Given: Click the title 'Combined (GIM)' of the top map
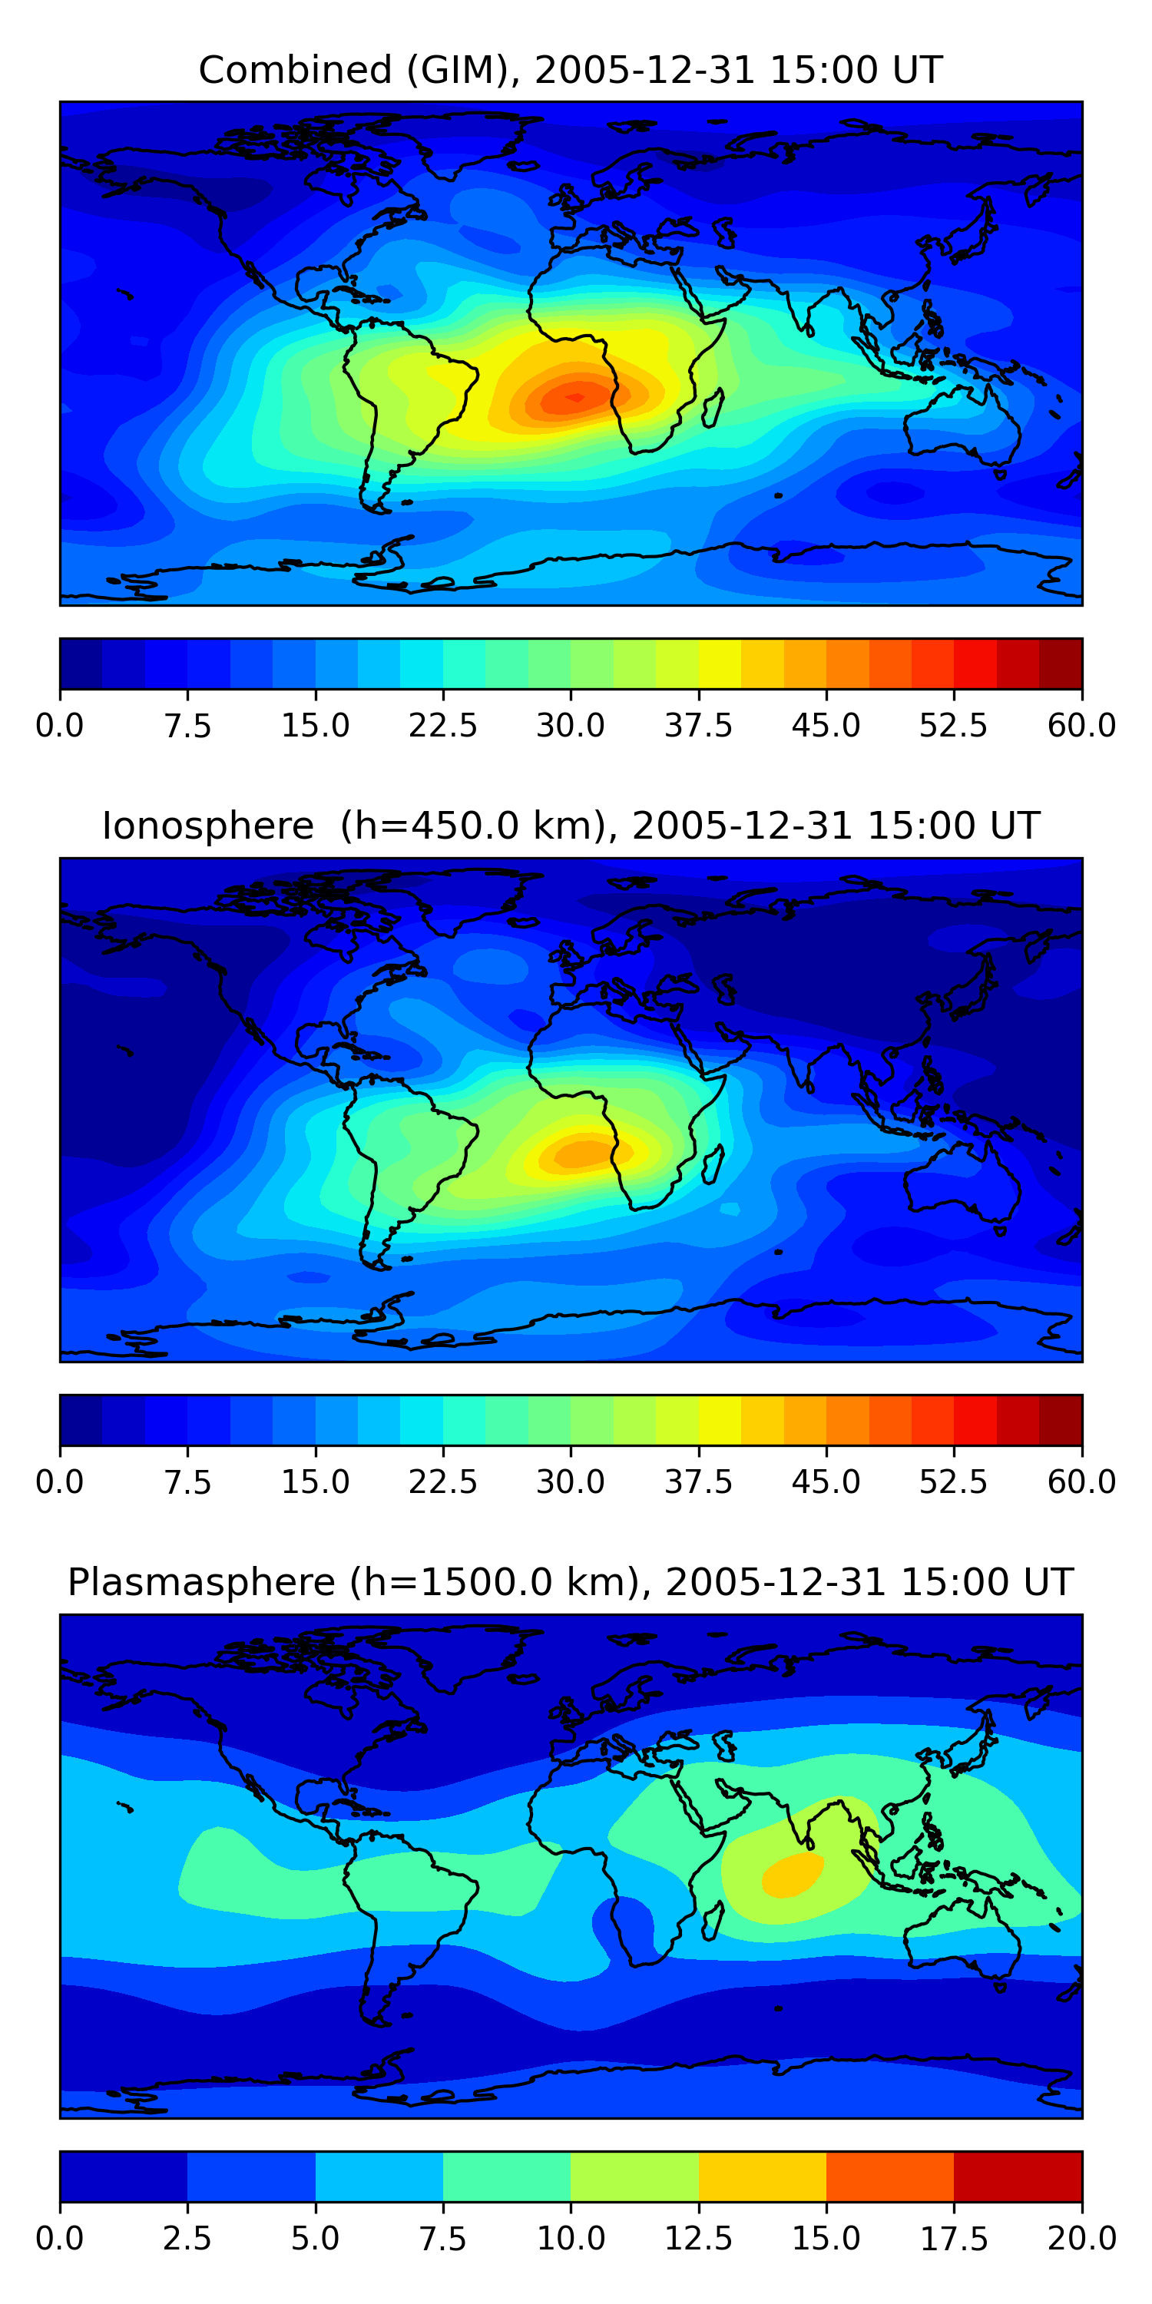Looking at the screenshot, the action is tap(358, 70).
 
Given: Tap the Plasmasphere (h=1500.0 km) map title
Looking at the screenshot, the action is tap(353, 1582).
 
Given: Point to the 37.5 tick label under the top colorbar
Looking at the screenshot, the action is tap(699, 725).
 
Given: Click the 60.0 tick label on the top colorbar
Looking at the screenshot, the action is tap(1082, 725).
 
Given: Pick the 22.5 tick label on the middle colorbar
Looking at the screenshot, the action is tap(442, 1482).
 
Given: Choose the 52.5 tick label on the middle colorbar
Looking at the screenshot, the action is tap(953, 1482).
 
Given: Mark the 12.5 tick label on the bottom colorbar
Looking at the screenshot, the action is tap(699, 2239).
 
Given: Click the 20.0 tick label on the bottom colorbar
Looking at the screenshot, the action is tap(1082, 2239).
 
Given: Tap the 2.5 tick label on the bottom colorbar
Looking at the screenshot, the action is tap(187, 2239).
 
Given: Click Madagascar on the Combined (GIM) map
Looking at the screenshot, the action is tap(713, 408).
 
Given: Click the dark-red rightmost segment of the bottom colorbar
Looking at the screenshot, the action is tap(1018, 2176).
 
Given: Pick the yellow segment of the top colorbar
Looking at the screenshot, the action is tap(720, 664).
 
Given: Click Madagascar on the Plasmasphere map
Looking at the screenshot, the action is tap(713, 1922).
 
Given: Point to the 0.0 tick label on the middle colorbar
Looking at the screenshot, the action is tap(60, 1482).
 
